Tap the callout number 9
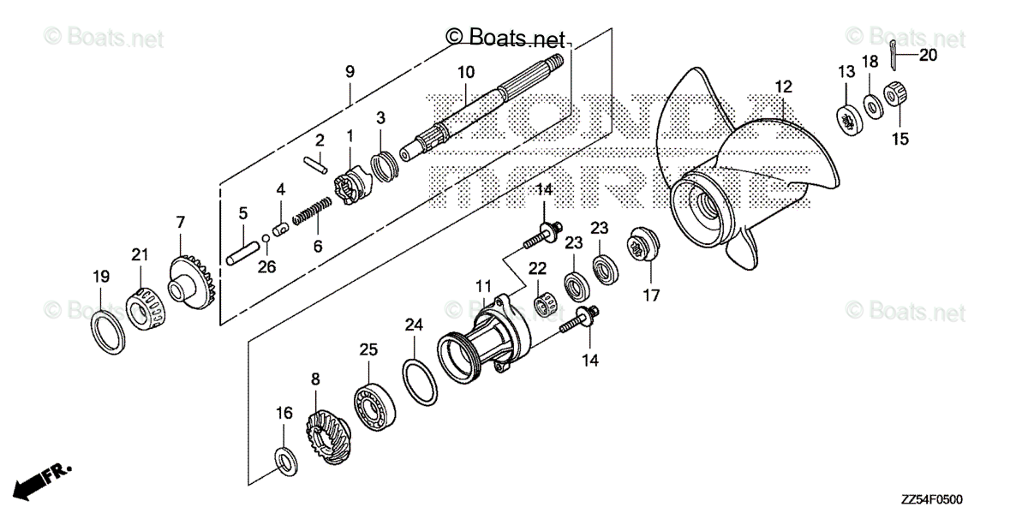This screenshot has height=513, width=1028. (x=350, y=72)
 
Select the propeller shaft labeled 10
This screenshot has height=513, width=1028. (x=480, y=111)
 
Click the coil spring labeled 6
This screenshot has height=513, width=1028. (x=313, y=211)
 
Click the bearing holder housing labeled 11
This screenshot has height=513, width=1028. (x=488, y=338)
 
